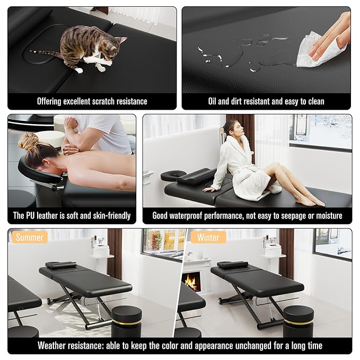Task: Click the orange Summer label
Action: click(30, 237)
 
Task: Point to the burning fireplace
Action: click(191, 282)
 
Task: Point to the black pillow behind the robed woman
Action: click(196, 175)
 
